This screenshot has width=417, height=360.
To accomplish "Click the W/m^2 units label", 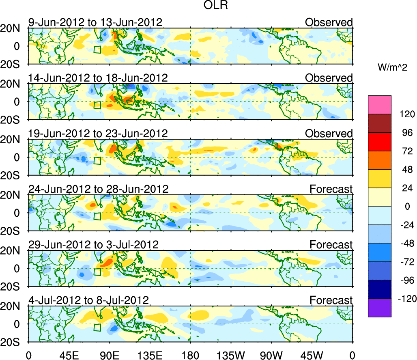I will point(392,68).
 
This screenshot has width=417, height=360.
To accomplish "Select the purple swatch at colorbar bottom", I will point(379,308).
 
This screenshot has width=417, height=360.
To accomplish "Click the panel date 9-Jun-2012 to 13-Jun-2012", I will point(95,22).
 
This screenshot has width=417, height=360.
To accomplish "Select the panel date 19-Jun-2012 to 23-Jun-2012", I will point(98,134).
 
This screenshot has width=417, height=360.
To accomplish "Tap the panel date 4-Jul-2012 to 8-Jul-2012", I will point(89,300).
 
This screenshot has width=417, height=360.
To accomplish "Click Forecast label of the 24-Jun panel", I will point(331,189).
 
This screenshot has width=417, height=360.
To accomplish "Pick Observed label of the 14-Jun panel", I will point(329,78).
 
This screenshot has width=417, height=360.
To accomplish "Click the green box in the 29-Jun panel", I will point(97,272).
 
